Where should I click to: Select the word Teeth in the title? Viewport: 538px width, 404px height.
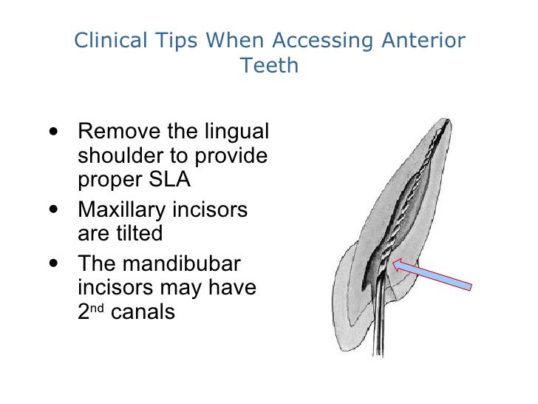pos(269,66)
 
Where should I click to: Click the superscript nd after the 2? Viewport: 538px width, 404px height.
pos(94,306)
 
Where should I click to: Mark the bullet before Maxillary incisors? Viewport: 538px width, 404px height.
pos(52,210)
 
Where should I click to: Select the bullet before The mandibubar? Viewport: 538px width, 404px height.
pos(52,263)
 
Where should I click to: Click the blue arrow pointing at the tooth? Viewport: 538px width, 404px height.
pos(436,275)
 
